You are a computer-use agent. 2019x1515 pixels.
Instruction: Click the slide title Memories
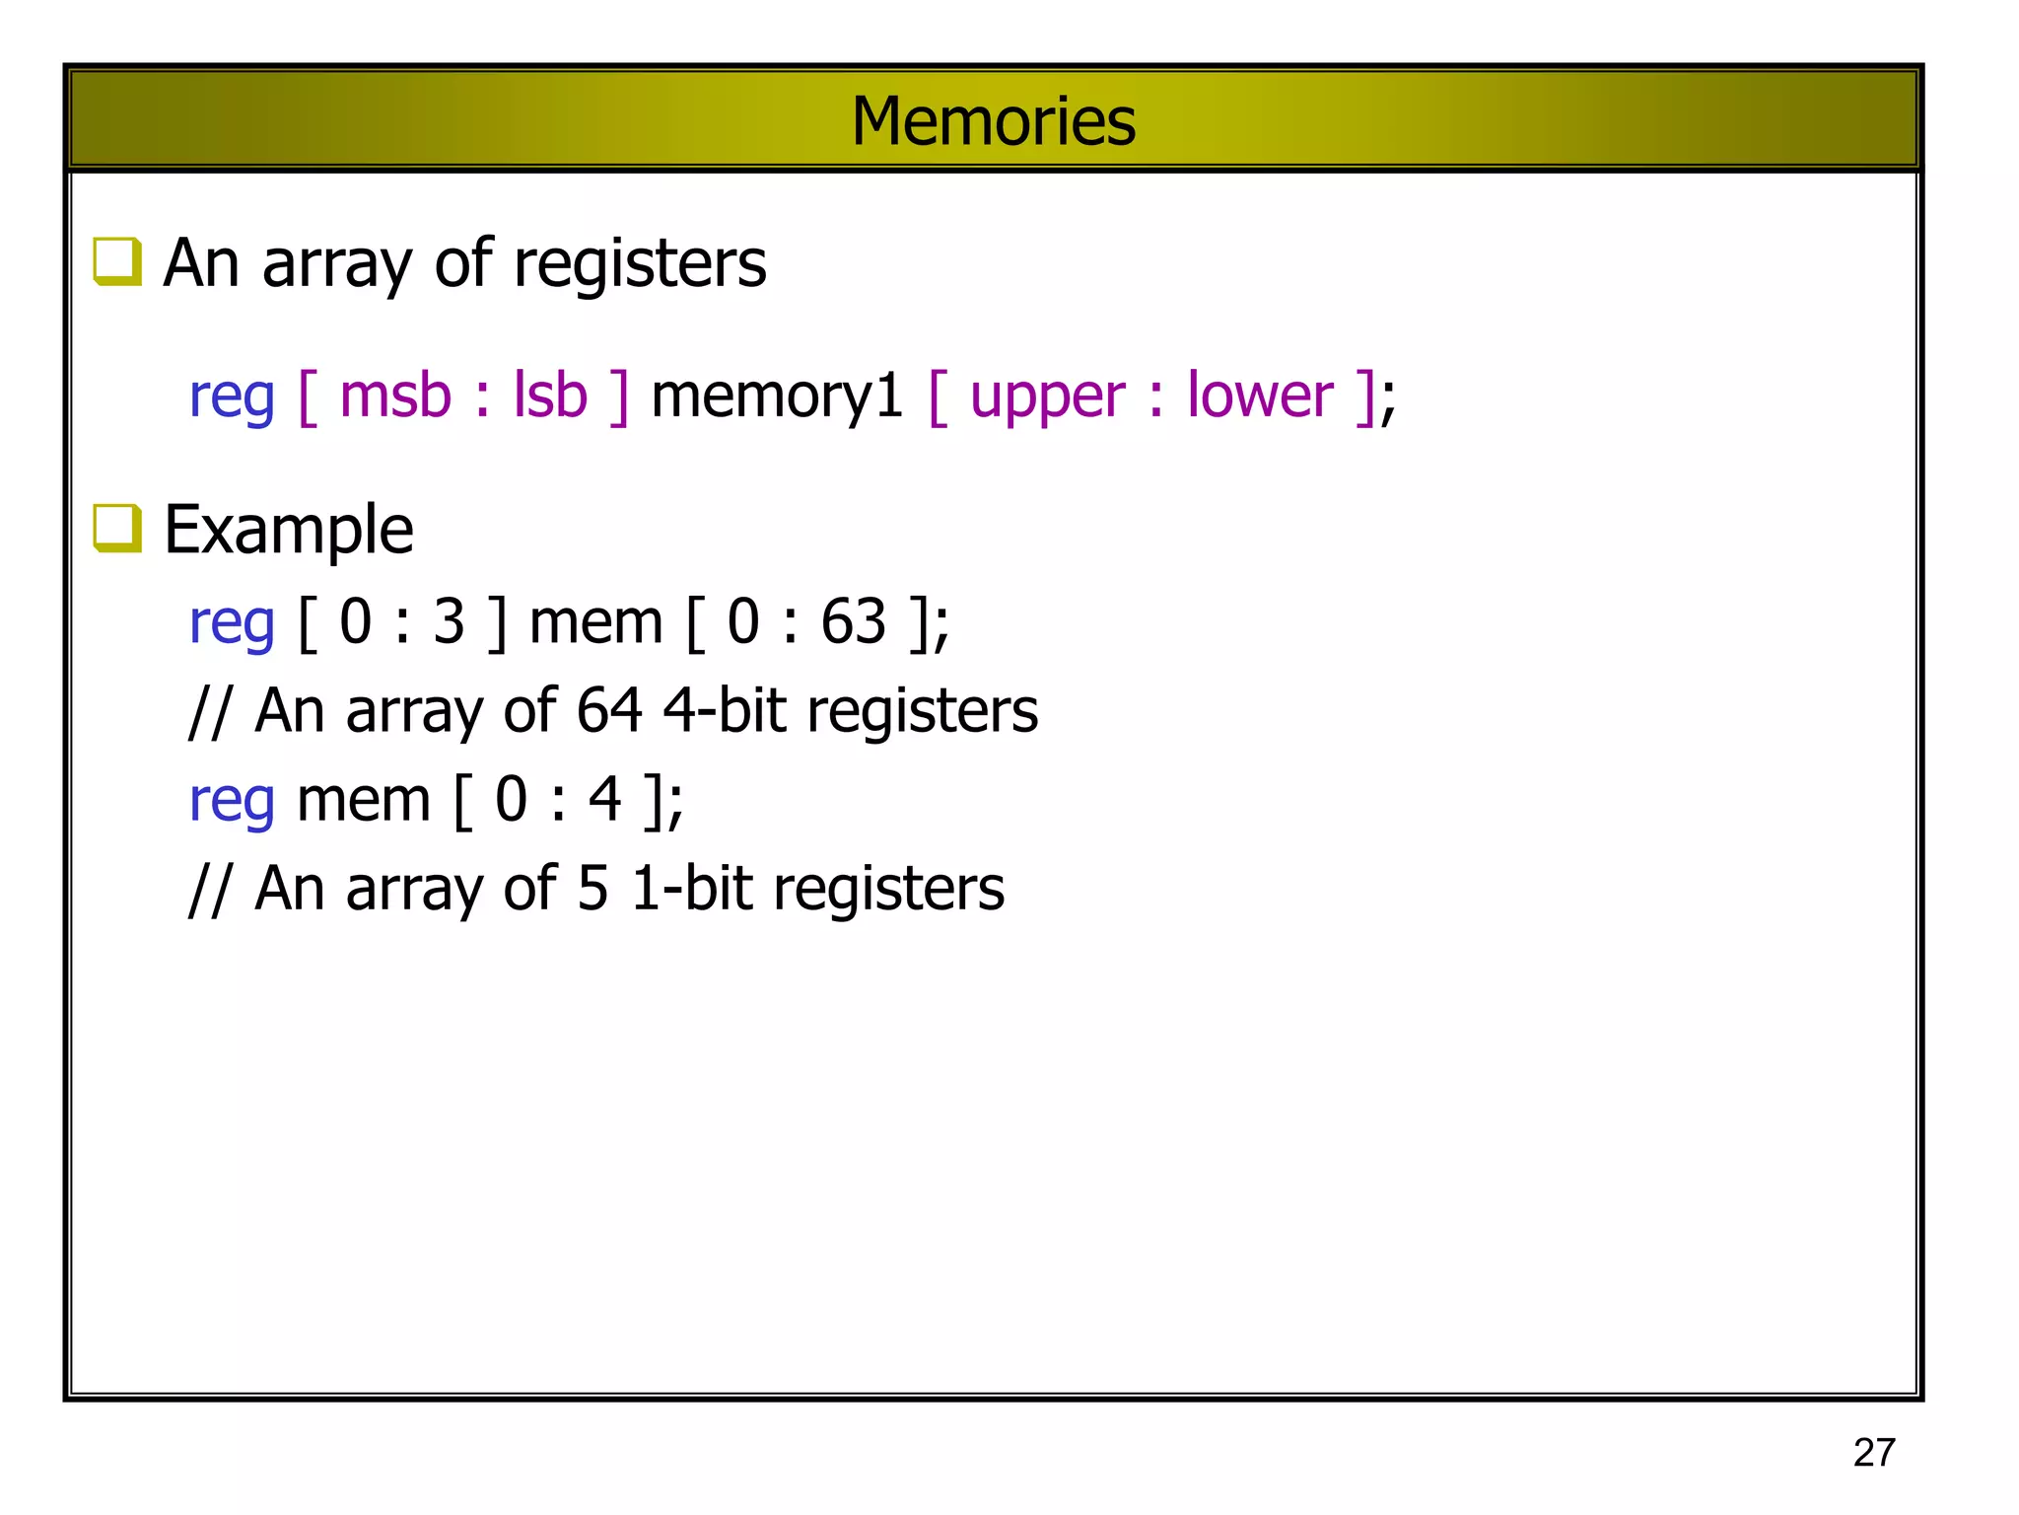pos(993,121)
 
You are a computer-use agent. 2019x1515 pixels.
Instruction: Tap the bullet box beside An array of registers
pos(116,261)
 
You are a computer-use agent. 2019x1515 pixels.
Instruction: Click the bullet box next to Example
pos(116,528)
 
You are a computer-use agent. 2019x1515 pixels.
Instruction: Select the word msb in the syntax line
pos(394,397)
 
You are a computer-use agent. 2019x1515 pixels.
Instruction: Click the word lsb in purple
pos(550,397)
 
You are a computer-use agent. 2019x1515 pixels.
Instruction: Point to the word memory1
pos(777,397)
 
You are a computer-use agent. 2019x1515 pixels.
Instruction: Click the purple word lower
pos(1259,397)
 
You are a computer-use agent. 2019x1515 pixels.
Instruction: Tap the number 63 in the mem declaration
pos(853,622)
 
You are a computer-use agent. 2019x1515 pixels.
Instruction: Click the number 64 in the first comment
pos(609,710)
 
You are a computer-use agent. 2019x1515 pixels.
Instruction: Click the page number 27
pos(1873,1453)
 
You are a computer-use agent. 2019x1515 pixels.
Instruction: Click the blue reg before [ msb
pos(231,397)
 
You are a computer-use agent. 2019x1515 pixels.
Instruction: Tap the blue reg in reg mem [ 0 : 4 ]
pos(231,801)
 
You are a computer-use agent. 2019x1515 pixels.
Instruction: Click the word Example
pos(288,530)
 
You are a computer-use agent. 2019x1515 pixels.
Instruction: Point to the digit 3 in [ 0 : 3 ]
pos(449,622)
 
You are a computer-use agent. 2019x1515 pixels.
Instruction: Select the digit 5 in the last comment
pos(592,888)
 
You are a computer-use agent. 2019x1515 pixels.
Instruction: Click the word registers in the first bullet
pos(639,264)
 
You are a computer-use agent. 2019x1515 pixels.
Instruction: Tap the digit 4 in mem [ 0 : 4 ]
pos(604,799)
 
